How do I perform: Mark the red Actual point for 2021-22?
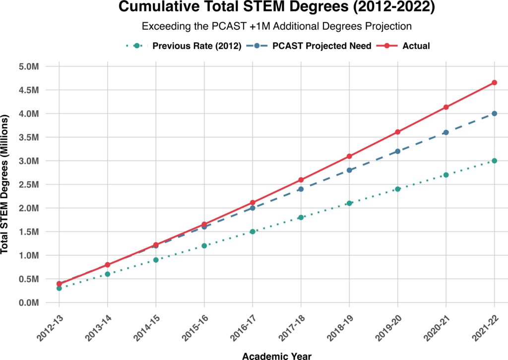click(x=495, y=82)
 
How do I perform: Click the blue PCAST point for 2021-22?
click(x=495, y=114)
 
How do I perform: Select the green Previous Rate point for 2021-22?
click(x=495, y=161)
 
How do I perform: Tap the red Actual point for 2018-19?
click(x=349, y=156)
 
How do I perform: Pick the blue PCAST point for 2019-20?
click(x=398, y=151)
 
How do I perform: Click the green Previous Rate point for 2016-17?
click(x=253, y=231)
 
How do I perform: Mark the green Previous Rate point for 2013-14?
click(x=108, y=274)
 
